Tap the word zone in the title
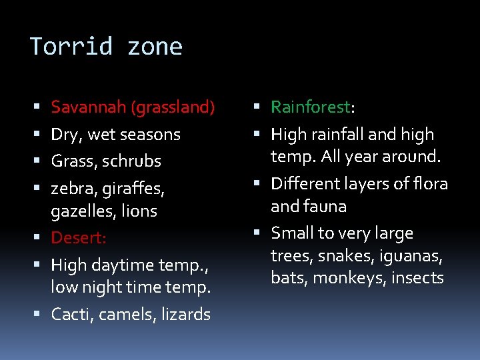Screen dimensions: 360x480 [x=155, y=47]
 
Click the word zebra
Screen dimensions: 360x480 [x=74, y=189]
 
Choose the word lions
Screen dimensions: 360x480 [x=140, y=211]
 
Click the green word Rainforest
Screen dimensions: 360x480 [x=310, y=107]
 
